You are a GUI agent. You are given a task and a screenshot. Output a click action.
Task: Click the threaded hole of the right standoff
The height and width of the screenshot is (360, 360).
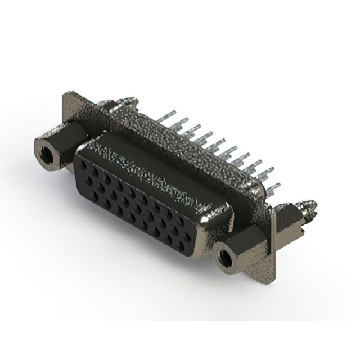coord(226,259)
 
